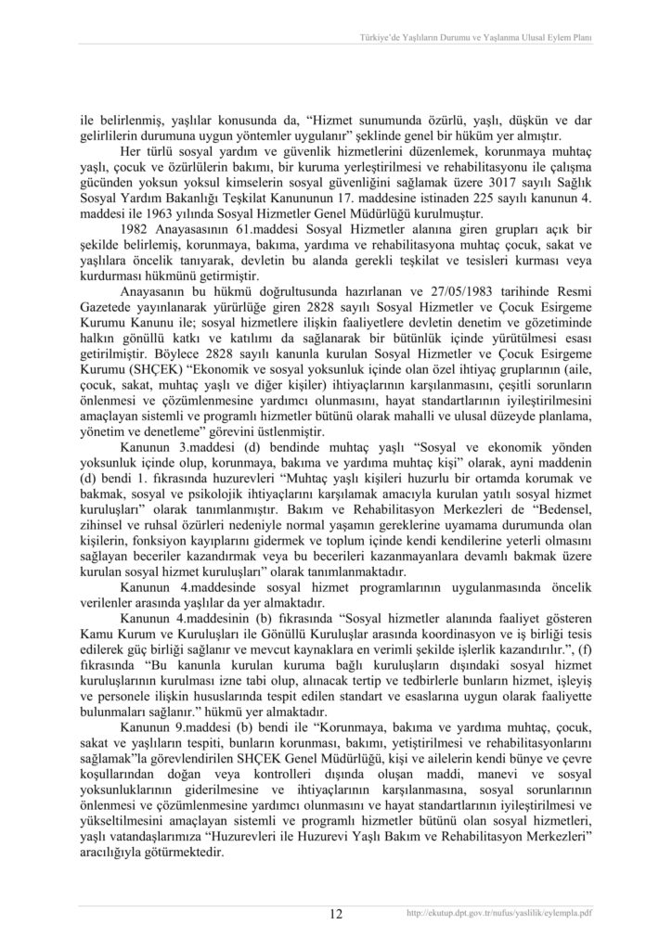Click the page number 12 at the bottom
coord(336,913)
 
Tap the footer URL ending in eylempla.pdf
coord(499,913)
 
